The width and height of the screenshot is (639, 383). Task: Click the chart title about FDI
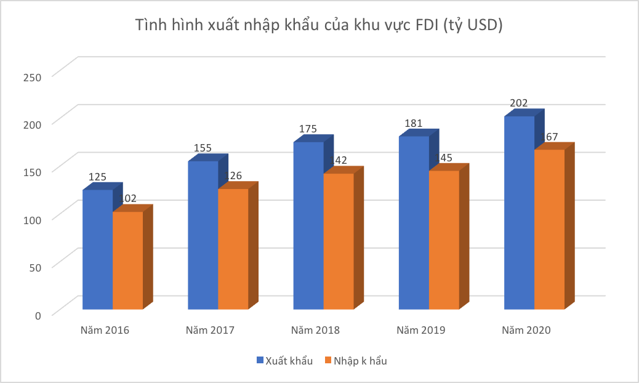pos(319,26)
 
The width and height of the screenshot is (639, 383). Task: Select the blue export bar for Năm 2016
pos(98,249)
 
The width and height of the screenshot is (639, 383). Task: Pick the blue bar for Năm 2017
pos(203,235)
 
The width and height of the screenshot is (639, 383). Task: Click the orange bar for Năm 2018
pos(339,241)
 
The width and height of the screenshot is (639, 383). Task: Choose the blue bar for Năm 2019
pos(414,222)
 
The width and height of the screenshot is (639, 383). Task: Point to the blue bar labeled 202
pos(519,212)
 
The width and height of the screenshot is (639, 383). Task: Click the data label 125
pos(97,177)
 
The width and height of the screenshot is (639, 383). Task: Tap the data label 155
pos(203,148)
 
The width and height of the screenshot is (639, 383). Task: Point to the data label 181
pos(413,123)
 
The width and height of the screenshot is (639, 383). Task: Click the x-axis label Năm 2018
pos(315,330)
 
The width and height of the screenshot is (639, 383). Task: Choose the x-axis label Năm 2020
pos(526,330)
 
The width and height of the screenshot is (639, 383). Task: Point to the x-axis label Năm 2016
pos(105,330)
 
